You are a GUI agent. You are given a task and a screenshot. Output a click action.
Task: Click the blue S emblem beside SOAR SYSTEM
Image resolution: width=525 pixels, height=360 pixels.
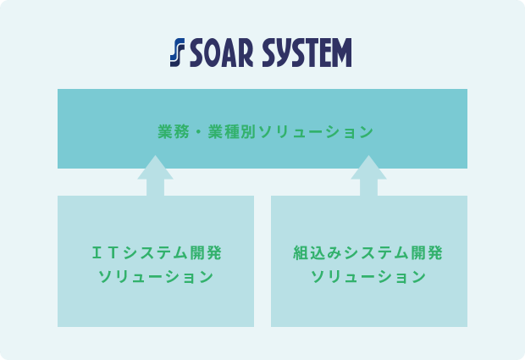178,53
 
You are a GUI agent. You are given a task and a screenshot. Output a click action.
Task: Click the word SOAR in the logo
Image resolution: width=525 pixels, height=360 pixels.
222,53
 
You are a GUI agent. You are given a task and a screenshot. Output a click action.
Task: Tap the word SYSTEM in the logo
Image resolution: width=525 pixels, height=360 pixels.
307,53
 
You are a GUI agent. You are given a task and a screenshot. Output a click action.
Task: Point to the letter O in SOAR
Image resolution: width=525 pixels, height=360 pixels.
213,53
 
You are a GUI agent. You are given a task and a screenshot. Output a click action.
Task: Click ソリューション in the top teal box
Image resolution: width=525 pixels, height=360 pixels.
316,132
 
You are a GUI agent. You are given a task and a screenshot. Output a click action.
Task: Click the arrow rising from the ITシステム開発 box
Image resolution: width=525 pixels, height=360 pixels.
155,175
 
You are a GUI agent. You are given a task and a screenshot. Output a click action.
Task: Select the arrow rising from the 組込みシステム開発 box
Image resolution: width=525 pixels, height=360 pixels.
368,175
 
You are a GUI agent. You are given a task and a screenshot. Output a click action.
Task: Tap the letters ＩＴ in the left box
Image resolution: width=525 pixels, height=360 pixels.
105,252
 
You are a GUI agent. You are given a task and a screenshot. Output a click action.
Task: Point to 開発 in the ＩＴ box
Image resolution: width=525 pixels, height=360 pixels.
206,252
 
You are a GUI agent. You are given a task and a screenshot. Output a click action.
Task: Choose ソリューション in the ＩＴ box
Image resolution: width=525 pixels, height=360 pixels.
156,277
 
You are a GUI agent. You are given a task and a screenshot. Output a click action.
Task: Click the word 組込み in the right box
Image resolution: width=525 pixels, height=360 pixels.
317,252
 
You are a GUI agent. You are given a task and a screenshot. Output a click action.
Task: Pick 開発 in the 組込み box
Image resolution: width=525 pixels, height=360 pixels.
427,252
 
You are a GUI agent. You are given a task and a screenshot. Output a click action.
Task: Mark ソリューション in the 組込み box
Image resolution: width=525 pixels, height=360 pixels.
368,277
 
